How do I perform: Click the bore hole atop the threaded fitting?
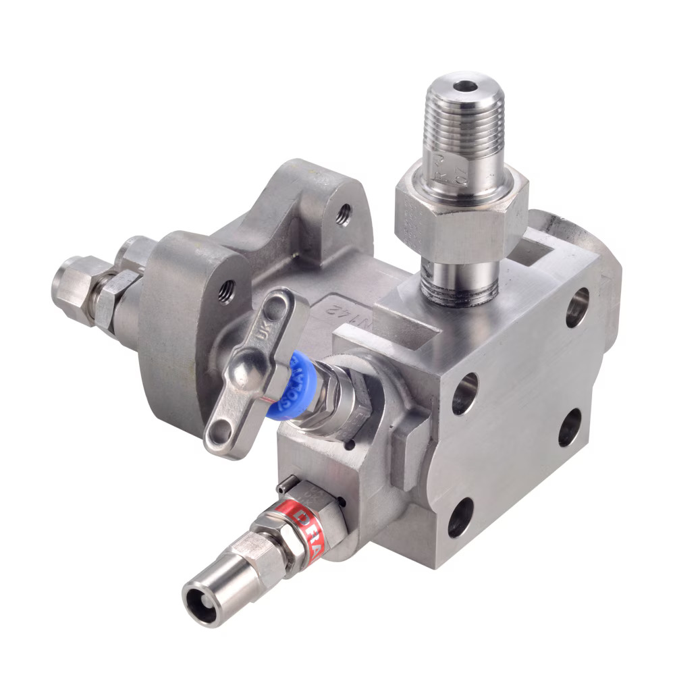(x=464, y=86)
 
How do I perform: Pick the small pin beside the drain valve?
(x=286, y=484)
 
